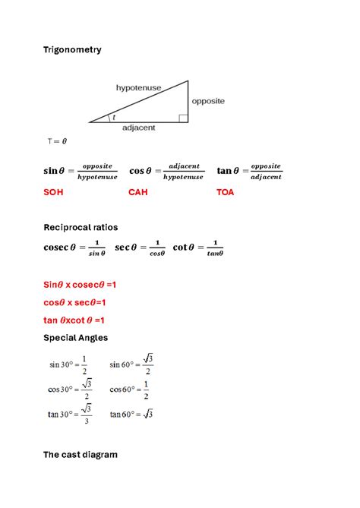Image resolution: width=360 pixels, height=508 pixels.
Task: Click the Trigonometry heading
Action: coord(72,49)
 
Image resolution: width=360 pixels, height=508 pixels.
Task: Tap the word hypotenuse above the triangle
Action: coord(138,87)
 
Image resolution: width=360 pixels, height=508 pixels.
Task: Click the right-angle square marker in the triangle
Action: coord(183,118)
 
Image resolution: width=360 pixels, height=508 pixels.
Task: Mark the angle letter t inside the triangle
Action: coord(114,117)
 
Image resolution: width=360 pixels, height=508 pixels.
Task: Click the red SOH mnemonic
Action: coord(53,192)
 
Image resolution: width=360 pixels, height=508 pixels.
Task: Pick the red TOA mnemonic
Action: coord(226,192)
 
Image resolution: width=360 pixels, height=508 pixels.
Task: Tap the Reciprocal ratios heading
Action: coord(81,227)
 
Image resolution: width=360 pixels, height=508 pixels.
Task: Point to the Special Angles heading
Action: coord(75,337)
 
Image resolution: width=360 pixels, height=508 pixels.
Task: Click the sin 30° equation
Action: coord(68,364)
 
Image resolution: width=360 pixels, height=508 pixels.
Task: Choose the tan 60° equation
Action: coord(131,414)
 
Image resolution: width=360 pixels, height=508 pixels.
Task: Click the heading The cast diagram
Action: coord(80,455)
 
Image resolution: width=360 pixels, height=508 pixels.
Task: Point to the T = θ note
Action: coord(57,141)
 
